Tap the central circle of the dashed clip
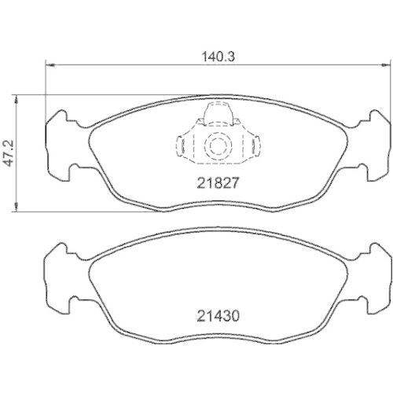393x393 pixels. click(215, 146)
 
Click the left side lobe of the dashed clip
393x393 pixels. click(184, 146)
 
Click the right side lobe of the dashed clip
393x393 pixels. click(247, 146)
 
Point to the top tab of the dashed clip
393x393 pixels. click(215, 114)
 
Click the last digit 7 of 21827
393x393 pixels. click(233, 181)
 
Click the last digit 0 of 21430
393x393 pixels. click(233, 318)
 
